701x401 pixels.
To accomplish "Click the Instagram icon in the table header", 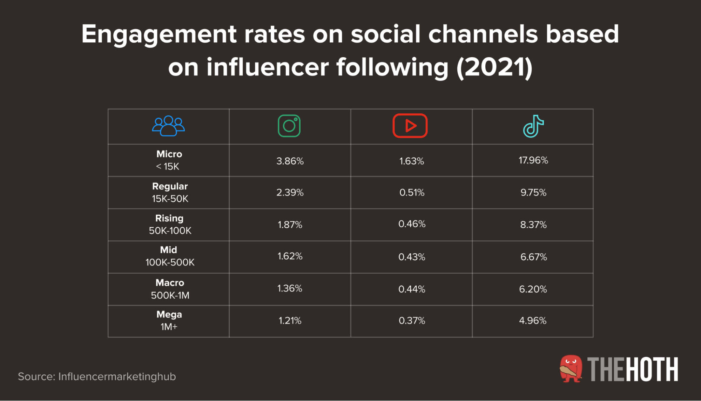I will pyautogui.click(x=289, y=126).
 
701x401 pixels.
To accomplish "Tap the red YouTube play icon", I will pyautogui.click(x=410, y=126).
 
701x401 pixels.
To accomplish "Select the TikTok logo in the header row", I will pyautogui.click(x=533, y=126).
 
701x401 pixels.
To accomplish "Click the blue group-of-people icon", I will pyautogui.click(x=168, y=126).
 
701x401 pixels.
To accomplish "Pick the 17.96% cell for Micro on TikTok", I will pyautogui.click(x=533, y=160).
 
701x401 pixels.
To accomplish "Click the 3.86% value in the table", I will pyautogui.click(x=290, y=161).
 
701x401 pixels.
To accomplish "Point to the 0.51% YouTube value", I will pyautogui.click(x=412, y=193).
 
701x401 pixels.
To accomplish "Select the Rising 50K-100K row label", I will pyautogui.click(x=170, y=225).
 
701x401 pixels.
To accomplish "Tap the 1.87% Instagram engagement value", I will pyautogui.click(x=290, y=225).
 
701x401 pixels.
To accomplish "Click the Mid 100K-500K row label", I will pyautogui.click(x=170, y=256).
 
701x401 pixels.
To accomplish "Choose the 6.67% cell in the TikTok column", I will pyautogui.click(x=533, y=257).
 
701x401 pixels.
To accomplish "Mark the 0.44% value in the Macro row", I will pyautogui.click(x=412, y=289).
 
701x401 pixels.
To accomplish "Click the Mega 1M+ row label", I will pyautogui.click(x=169, y=321).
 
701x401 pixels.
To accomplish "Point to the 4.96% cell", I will pyautogui.click(x=533, y=321).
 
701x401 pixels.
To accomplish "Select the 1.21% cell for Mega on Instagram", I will pyautogui.click(x=290, y=321).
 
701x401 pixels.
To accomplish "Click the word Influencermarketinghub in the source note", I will pyautogui.click(x=117, y=376).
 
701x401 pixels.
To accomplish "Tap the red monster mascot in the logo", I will pyautogui.click(x=571, y=369).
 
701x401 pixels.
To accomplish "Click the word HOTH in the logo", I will pyautogui.click(x=652, y=369).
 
